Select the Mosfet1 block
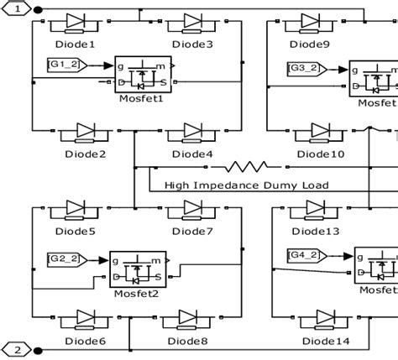coord(142,76)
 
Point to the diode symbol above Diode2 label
coord(86,131)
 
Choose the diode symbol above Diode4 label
coord(193,131)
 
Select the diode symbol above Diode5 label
coord(81,210)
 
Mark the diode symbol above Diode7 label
coord(193,210)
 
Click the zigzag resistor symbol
coord(252,167)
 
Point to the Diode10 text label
coord(321,154)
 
